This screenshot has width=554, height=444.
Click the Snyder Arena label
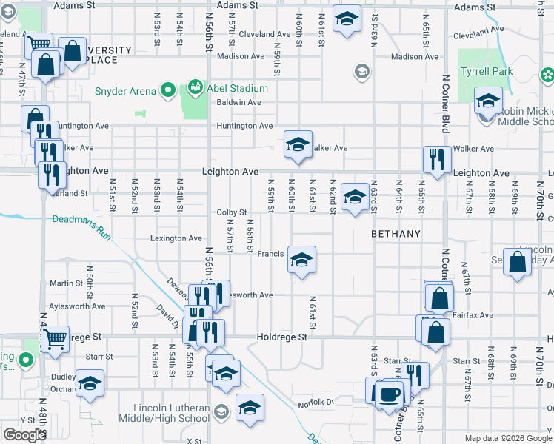tap(125, 91)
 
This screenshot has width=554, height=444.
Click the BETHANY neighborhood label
tap(396, 234)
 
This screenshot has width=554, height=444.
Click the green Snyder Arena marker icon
tap(167, 91)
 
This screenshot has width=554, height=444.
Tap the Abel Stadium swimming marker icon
tap(196, 88)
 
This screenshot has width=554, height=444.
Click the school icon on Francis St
tap(301, 260)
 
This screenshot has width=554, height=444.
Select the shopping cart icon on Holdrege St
tap(54, 340)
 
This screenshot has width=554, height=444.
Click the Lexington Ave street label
tap(176, 238)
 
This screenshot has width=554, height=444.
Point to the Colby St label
tap(231, 212)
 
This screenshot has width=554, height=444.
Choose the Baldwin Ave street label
tap(238, 102)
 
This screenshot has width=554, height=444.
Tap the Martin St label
tap(65, 283)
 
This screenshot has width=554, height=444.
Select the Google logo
tap(24, 435)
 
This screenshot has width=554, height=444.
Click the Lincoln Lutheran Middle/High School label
tap(172, 413)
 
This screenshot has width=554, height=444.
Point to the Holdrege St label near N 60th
tap(281, 337)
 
